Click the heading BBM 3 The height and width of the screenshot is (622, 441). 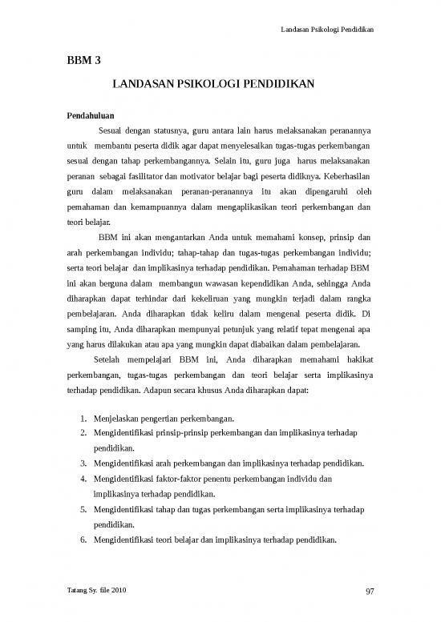tap(83, 59)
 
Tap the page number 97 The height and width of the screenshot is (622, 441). tap(370, 591)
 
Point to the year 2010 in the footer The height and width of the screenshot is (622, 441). tap(117, 591)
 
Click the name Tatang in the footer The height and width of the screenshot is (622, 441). tap(78, 591)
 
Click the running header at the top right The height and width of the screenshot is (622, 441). tap(329, 30)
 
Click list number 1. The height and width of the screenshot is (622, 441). tap(84, 418)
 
